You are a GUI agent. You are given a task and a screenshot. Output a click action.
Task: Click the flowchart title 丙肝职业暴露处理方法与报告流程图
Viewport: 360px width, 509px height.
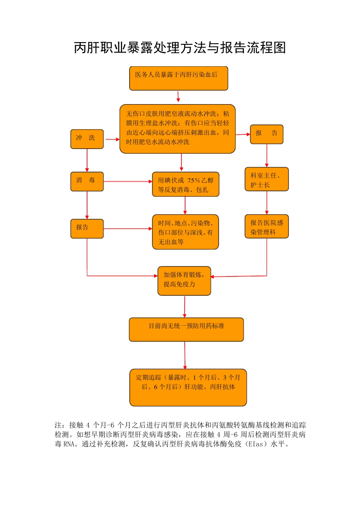(x=180, y=48)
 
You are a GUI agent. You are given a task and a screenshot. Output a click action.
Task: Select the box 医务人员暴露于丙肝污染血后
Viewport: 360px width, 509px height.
(x=178, y=78)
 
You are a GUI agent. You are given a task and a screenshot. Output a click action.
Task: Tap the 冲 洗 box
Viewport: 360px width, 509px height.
(x=87, y=139)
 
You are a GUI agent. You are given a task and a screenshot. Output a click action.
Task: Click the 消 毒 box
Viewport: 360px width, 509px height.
(x=87, y=181)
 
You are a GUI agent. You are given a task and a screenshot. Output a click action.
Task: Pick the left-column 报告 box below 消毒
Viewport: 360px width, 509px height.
(x=87, y=228)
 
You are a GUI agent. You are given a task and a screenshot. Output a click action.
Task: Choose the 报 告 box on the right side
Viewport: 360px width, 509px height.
(x=266, y=134)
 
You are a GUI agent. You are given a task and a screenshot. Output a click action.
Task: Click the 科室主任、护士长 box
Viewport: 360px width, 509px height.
(x=266, y=179)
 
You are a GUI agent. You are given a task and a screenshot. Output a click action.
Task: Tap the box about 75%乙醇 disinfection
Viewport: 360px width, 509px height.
(x=185, y=184)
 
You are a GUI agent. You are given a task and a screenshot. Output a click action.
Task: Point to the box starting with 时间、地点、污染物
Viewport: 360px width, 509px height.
(x=185, y=232)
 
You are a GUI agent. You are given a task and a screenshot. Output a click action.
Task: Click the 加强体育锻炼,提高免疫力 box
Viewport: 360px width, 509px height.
(x=184, y=281)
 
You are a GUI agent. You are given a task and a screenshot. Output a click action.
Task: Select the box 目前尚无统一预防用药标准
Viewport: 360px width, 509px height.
(x=186, y=329)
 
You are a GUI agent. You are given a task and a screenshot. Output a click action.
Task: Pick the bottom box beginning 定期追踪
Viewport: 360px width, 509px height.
(x=188, y=387)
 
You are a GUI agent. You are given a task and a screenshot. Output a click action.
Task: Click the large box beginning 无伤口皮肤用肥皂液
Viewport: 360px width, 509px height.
(x=177, y=129)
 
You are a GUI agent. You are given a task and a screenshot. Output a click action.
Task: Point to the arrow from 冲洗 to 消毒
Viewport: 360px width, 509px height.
(x=87, y=160)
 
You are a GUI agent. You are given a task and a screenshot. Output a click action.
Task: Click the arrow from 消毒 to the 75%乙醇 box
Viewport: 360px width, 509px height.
(x=128, y=181)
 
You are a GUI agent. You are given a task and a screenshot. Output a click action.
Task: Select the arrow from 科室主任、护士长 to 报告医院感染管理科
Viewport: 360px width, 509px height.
(x=267, y=203)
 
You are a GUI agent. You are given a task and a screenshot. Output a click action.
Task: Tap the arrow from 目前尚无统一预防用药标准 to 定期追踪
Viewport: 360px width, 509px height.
(x=185, y=355)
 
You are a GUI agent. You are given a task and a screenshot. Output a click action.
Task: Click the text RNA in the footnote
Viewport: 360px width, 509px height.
(x=69, y=444)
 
